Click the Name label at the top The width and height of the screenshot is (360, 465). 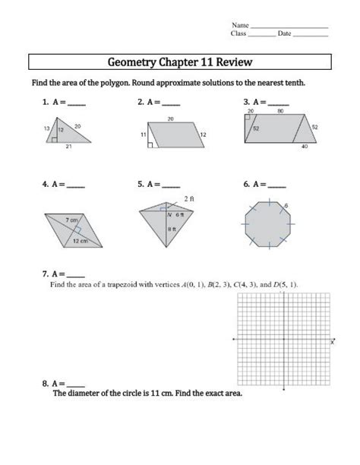[x=240, y=25]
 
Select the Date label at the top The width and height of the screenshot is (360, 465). [x=285, y=33]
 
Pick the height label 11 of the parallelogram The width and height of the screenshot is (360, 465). [x=143, y=134]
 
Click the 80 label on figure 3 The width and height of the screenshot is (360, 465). [x=281, y=111]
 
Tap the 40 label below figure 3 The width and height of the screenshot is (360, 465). [x=305, y=147]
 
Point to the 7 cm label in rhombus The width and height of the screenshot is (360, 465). [x=71, y=220]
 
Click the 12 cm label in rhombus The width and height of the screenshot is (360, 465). [x=80, y=240]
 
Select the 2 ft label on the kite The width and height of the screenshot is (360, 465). [x=188, y=199]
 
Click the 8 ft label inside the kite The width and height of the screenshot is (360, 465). [x=172, y=228]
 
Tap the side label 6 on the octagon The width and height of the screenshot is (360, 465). [x=286, y=205]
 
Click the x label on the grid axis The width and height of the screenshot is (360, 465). [x=332, y=343]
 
